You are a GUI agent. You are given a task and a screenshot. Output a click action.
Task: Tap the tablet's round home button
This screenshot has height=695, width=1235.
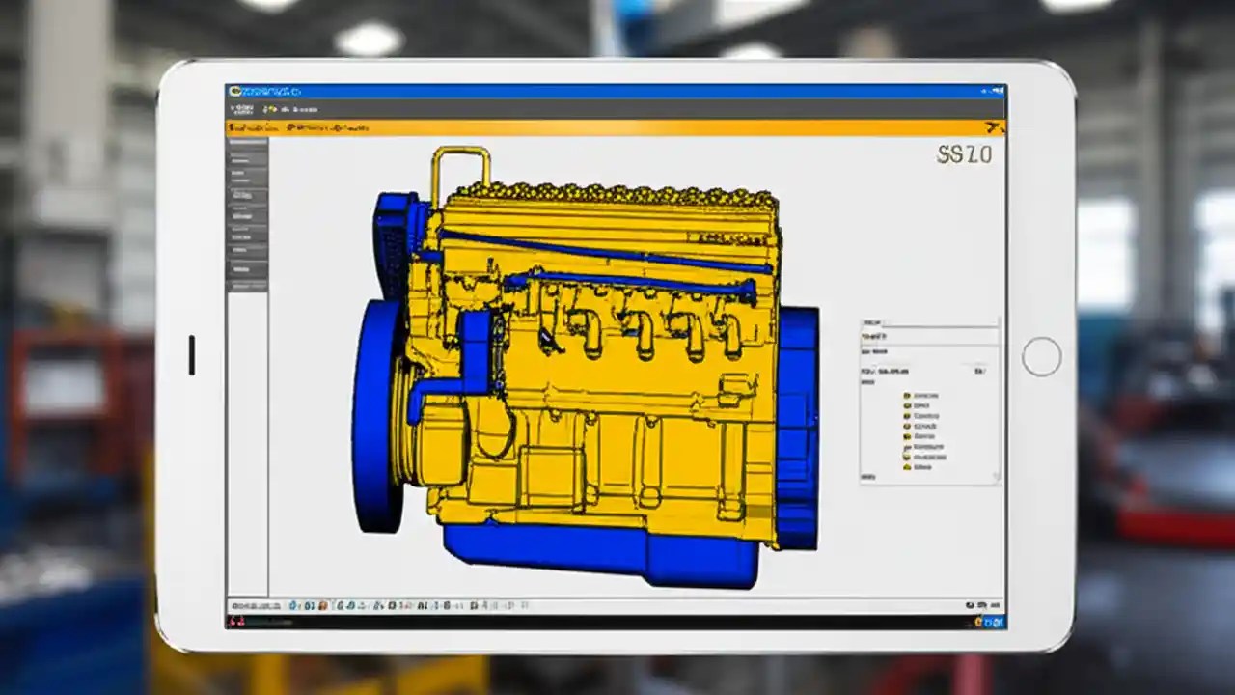pyautogui.click(x=1041, y=356)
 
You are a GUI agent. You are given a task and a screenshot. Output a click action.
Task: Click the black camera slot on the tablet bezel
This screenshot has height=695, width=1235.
pyautogui.click(x=191, y=354)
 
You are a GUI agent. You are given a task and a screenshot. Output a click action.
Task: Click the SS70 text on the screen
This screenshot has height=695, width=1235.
pyautogui.click(x=964, y=154)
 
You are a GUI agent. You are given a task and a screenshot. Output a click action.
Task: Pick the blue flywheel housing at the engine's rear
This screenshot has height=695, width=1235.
pyautogui.click(x=798, y=425)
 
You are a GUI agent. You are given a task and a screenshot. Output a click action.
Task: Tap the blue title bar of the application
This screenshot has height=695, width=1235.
pyautogui.click(x=617, y=91)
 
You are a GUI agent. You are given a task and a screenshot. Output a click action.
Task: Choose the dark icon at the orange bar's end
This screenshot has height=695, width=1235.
pyautogui.click(x=994, y=127)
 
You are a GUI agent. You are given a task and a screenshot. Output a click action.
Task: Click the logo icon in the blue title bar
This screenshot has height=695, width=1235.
pyautogui.click(x=235, y=91)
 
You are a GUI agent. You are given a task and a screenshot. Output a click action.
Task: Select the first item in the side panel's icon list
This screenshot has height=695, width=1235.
pyautogui.click(x=907, y=396)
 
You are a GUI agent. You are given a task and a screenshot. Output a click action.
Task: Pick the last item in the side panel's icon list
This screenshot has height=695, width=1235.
pyautogui.click(x=907, y=467)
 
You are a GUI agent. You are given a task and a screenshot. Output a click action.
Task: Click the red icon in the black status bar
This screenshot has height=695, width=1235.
pyautogui.click(x=235, y=622)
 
